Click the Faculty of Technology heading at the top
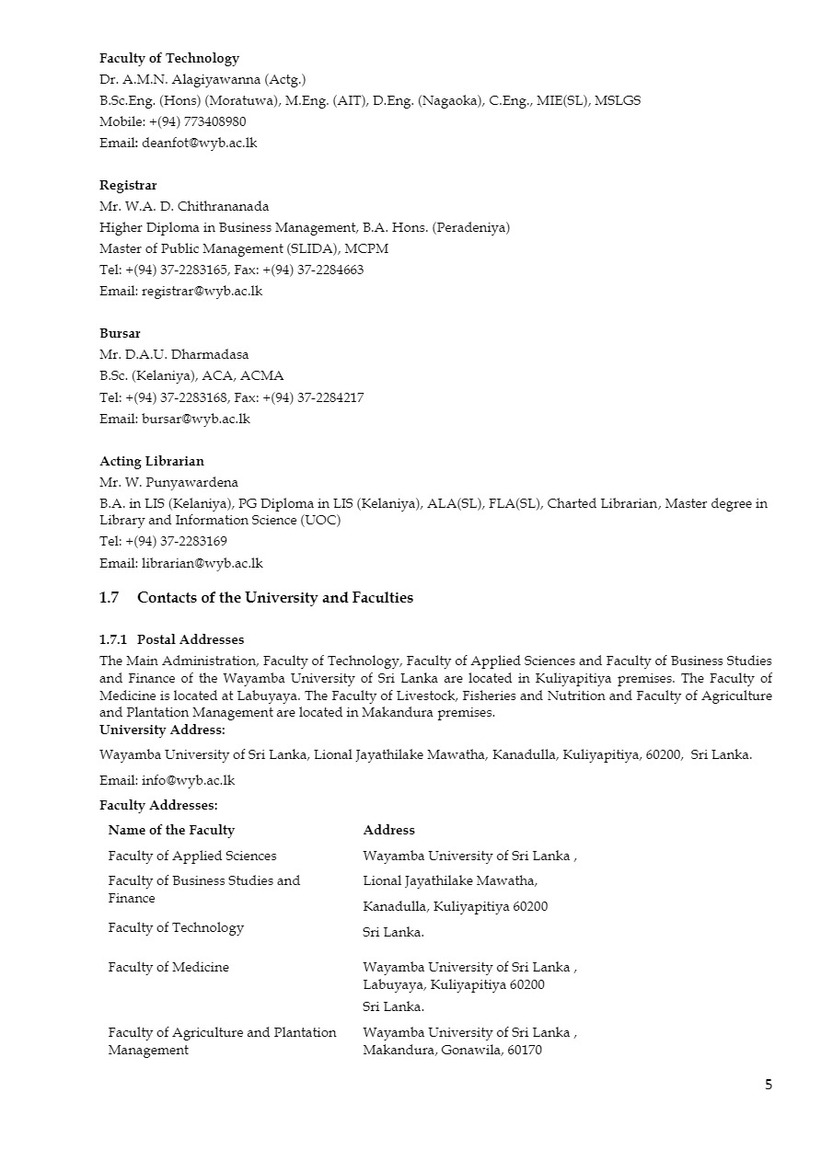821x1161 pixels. tap(169, 58)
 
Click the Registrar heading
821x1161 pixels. tap(128, 185)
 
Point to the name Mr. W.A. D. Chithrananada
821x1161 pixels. tap(184, 206)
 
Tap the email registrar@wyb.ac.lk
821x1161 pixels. tap(202, 291)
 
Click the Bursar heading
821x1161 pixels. tap(120, 333)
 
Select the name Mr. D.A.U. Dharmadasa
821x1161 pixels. tap(174, 354)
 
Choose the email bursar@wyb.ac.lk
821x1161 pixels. tap(195, 419)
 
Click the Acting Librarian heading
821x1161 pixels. tap(152, 461)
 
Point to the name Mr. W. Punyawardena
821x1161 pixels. tap(168, 482)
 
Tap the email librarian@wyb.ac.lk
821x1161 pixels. tap(202, 563)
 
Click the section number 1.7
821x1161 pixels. tap(109, 598)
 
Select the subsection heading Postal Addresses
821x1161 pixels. tap(191, 639)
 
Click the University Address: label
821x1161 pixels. tap(162, 730)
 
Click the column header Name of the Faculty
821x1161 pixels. tap(171, 830)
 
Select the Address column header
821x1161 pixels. tap(388, 830)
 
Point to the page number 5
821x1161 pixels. tap(769, 1084)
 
